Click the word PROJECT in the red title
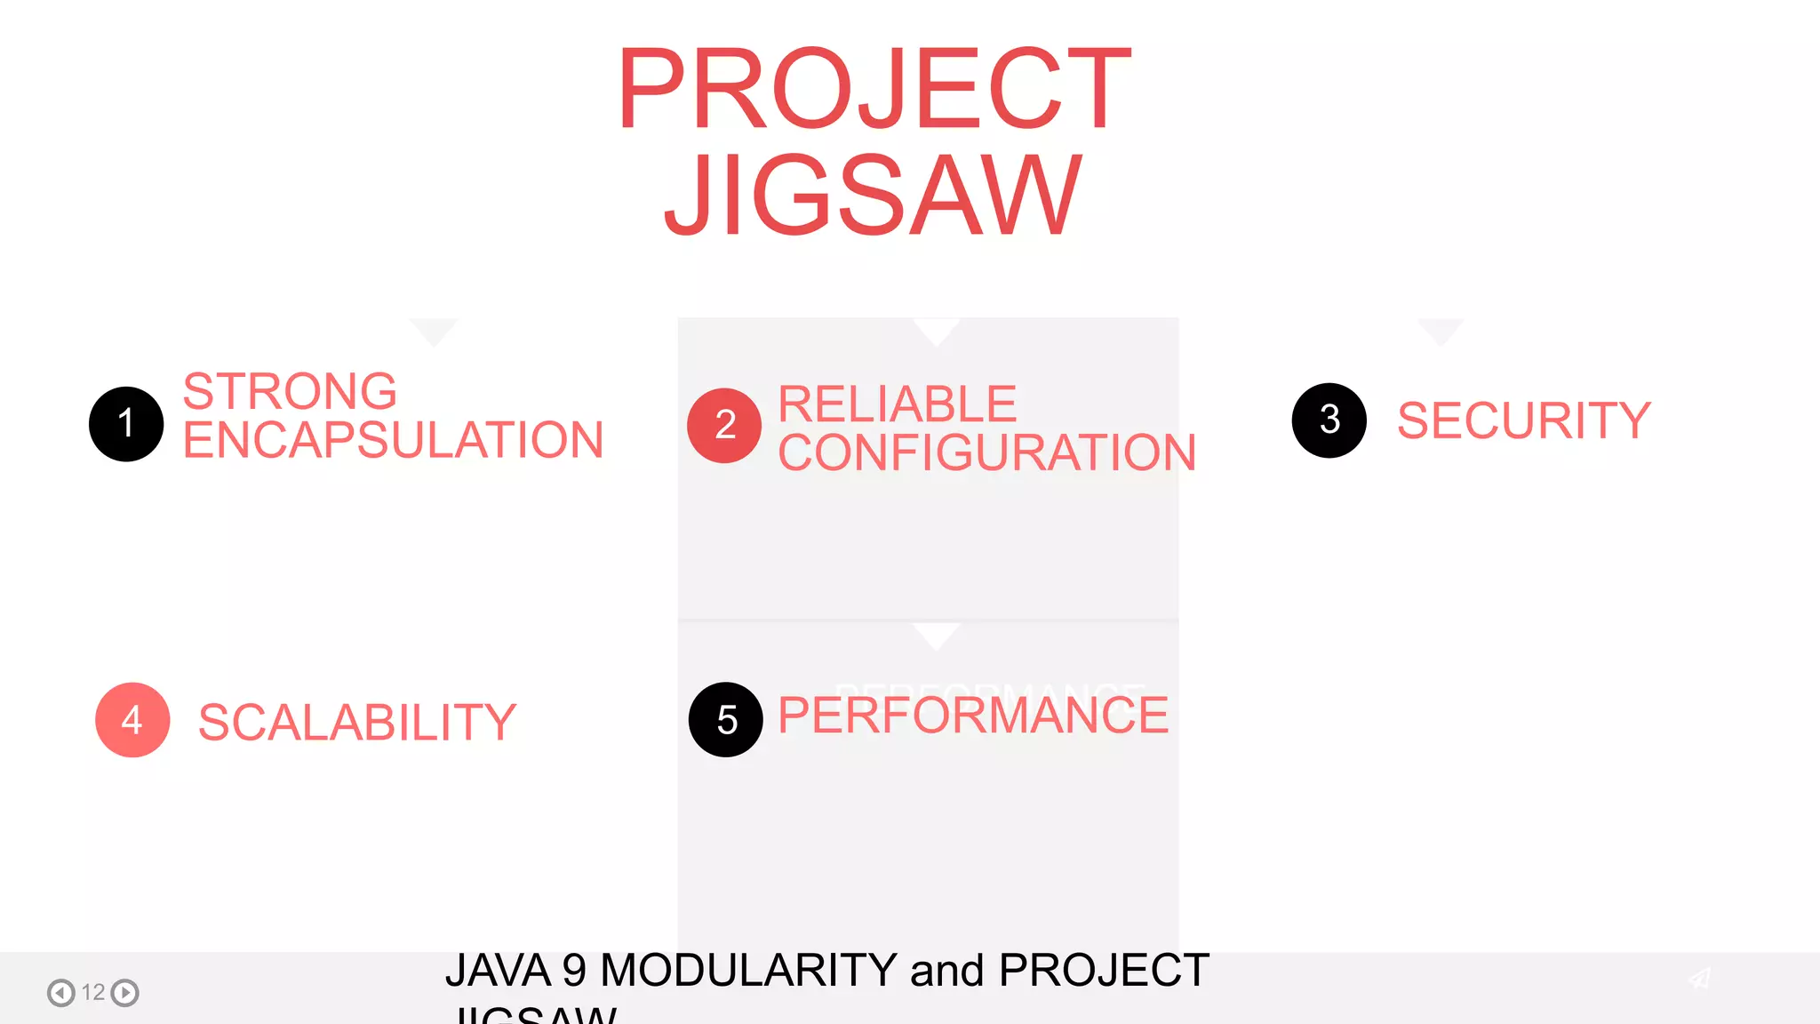(874, 89)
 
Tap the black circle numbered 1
(126, 424)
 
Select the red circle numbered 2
(724, 426)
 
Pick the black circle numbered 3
(1329, 420)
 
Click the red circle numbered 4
(132, 720)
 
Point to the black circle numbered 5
(726, 720)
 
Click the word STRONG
(290, 391)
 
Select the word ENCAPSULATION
(393, 440)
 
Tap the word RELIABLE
(897, 404)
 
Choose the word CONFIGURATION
(986, 452)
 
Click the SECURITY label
(1523, 420)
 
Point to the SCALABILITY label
(356, 722)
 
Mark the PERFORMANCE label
(973, 716)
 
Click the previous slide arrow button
(61, 992)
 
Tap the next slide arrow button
(125, 992)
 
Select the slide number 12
(93, 992)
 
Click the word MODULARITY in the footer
(748, 970)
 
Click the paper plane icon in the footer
(1699, 979)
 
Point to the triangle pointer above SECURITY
(1441, 331)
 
